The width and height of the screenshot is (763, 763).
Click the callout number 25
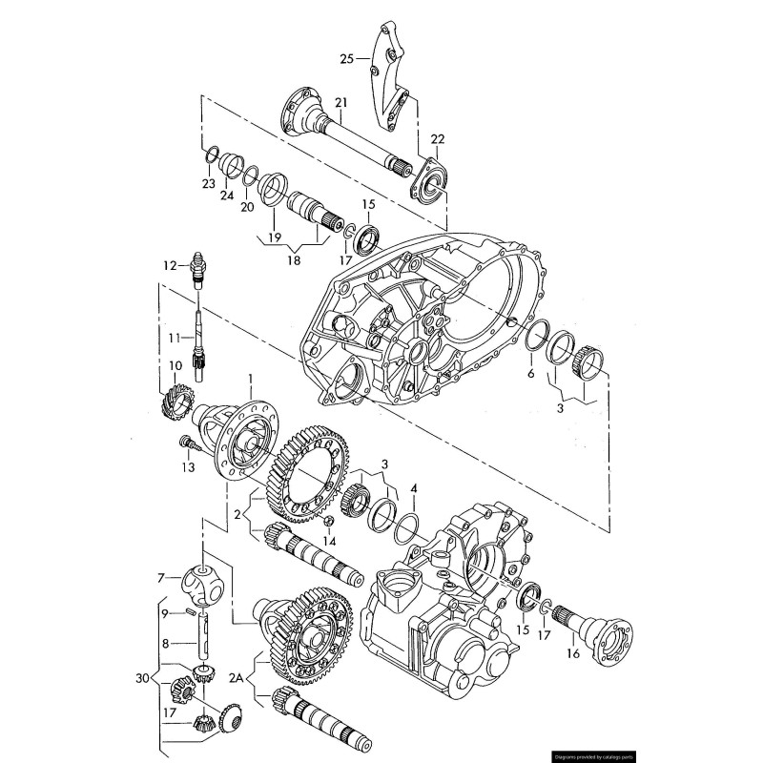pos(347,59)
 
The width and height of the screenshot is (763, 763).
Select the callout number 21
pos(340,103)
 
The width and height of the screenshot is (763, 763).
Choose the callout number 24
pos(227,196)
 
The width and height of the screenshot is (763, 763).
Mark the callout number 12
pos(170,266)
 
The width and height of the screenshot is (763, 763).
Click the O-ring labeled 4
pos(406,526)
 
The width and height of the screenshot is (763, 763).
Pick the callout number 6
pos(530,374)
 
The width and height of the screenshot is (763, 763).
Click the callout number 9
pos(164,611)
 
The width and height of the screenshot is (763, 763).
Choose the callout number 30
pos(143,678)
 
